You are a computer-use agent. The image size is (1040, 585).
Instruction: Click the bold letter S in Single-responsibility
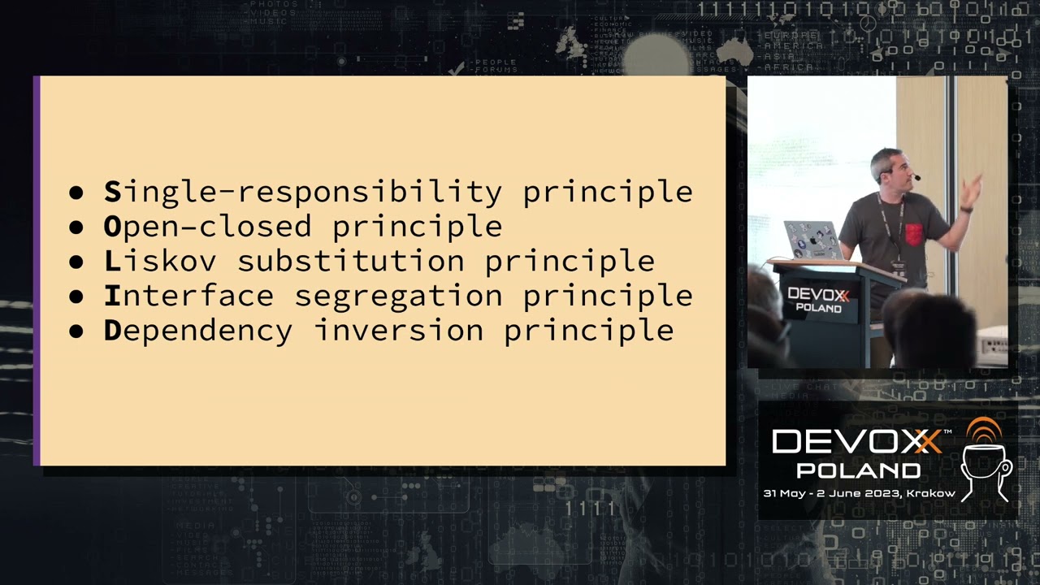[112, 192]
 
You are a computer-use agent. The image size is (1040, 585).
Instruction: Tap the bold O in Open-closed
[112, 227]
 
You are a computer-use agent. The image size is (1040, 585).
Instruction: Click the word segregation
[397, 297]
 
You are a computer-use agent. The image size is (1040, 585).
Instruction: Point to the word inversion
[399, 331]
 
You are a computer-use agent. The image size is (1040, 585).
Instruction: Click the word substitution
[351, 261]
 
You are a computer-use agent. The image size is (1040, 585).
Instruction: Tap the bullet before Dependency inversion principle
[76, 331]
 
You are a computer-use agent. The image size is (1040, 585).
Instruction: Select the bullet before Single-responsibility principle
[76, 193]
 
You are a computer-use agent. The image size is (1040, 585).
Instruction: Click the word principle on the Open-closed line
[417, 227]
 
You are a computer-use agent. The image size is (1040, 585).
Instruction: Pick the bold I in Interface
[112, 296]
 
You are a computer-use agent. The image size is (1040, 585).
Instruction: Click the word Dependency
[197, 331]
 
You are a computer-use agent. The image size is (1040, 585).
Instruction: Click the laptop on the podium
[812, 240]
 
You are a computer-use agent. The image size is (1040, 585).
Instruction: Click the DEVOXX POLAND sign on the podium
[818, 299]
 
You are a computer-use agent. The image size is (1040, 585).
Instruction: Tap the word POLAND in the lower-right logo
[858, 470]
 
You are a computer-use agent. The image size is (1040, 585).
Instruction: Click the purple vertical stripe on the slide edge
[37, 271]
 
